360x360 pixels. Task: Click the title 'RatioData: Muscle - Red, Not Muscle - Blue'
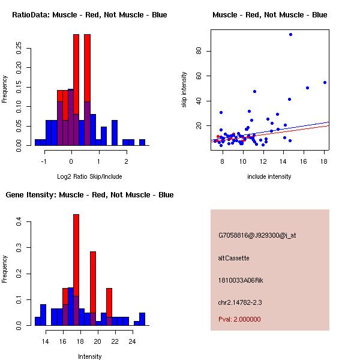[89, 14]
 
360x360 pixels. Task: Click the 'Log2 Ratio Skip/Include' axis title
[89, 177]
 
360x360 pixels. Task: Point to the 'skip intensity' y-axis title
[184, 90]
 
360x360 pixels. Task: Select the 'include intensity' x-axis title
[269, 177]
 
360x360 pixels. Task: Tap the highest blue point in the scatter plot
[290, 34]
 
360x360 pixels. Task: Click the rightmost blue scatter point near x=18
[325, 82]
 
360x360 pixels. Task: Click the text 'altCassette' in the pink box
[233, 258]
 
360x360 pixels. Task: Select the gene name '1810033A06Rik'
[241, 280]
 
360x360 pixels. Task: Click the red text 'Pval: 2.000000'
[239, 319]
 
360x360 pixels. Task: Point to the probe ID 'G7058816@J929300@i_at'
[257, 235]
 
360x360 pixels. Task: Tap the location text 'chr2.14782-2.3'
[240, 302]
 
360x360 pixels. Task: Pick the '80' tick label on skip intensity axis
[199, 51]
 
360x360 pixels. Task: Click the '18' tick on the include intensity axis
[324, 161]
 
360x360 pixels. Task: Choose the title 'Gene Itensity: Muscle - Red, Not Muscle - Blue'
[89, 195]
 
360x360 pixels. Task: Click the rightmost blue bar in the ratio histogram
[142, 142]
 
